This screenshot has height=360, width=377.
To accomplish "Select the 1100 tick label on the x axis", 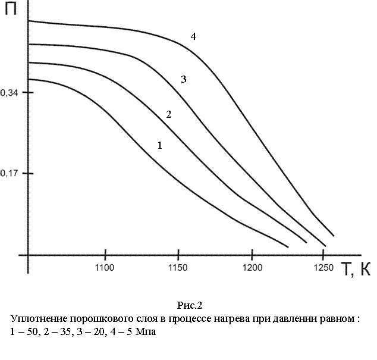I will point(105,268).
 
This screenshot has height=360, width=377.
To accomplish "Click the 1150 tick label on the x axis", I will point(178,268).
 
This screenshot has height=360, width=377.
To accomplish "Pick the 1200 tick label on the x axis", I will point(252,268).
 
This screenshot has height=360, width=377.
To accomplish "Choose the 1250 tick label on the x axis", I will point(323,268).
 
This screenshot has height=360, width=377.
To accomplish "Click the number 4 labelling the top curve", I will point(193,36).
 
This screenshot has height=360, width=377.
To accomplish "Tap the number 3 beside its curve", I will point(184,79).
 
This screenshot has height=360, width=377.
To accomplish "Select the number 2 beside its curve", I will point(169,114).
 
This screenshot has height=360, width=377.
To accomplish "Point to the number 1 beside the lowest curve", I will point(159,145).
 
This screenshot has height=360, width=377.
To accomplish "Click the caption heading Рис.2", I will point(190,306).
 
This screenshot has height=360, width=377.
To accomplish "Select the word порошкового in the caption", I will point(102,319).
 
